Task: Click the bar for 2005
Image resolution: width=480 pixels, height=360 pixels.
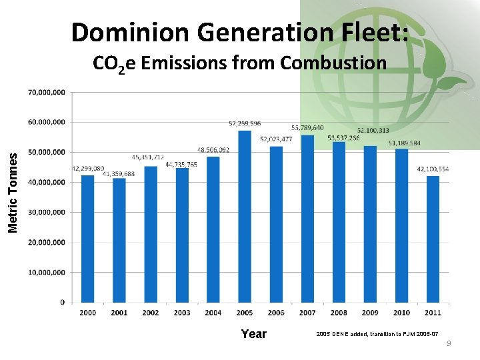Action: [245, 216]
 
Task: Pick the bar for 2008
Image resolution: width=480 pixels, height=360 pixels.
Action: [339, 222]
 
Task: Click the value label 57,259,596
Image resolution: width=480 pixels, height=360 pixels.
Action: [245, 123]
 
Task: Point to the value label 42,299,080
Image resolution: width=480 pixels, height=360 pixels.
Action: [88, 169]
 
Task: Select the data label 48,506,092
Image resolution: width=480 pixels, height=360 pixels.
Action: [213, 150]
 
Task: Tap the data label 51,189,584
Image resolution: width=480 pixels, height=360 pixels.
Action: [405, 143]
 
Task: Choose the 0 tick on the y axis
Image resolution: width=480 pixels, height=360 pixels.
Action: [62, 302]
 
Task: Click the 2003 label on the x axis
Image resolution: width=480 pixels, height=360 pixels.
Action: [182, 313]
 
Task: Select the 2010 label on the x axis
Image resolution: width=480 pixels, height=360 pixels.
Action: [401, 313]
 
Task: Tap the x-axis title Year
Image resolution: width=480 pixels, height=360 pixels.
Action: [253, 334]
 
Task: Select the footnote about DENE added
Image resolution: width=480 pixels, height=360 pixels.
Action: [377, 333]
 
